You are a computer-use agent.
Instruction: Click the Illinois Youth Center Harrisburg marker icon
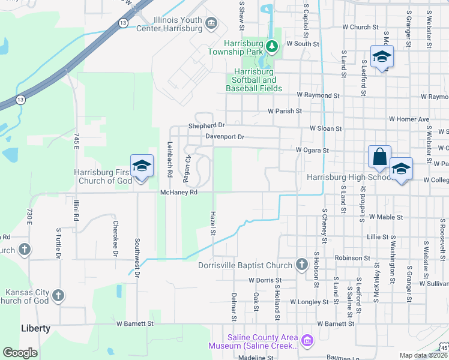211,23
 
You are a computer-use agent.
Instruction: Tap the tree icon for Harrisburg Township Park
272,46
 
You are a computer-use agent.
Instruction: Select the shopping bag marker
380,157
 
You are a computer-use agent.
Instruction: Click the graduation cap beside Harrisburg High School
401,169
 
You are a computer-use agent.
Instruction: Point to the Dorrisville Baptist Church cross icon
302,265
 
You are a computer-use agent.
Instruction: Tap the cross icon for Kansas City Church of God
58,295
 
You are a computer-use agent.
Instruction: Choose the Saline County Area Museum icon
307,341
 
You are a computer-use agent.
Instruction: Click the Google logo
20,353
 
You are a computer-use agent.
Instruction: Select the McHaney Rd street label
179,193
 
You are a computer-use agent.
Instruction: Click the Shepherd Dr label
206,125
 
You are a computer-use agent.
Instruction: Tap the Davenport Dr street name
224,137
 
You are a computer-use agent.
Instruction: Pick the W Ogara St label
313,150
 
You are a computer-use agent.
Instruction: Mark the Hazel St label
212,223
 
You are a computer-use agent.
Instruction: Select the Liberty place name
36,329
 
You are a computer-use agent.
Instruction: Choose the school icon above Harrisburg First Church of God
142,166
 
